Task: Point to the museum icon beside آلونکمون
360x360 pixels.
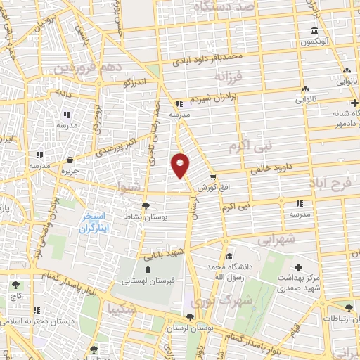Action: (x=314, y=32)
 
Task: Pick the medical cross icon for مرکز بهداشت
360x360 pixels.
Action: (x=299, y=267)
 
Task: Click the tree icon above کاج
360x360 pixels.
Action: (x=15, y=285)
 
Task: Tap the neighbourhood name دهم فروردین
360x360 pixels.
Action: (x=88, y=69)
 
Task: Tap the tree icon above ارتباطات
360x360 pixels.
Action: (x=349, y=307)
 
